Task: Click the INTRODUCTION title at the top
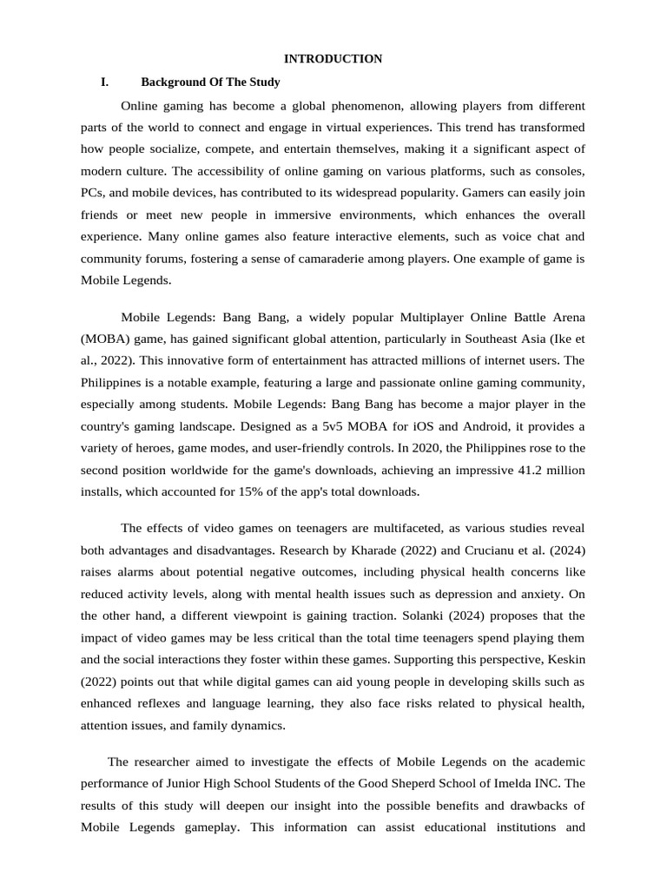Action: point(333,59)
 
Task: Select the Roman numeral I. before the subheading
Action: point(104,82)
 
